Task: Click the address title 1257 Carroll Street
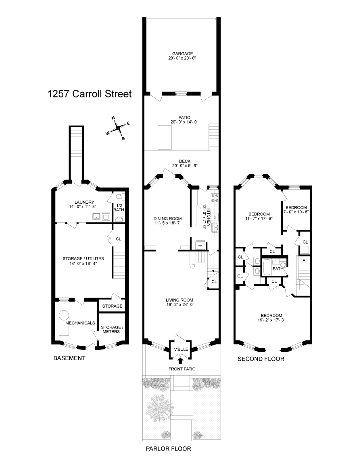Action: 90,94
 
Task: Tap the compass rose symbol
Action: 118,128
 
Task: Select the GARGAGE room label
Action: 182,54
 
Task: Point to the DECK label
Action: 185,161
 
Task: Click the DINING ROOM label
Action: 167,219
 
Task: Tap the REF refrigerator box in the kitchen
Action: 200,245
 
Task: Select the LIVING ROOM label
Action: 179,300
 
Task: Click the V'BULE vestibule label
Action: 181,349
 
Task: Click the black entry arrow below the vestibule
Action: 181,360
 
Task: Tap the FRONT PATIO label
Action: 182,369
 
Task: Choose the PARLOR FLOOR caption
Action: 169,448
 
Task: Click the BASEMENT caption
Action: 69,358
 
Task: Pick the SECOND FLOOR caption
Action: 261,359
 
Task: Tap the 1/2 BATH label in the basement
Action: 119,208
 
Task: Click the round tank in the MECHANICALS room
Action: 64,315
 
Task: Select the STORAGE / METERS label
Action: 111,329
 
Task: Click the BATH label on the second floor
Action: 278,269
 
